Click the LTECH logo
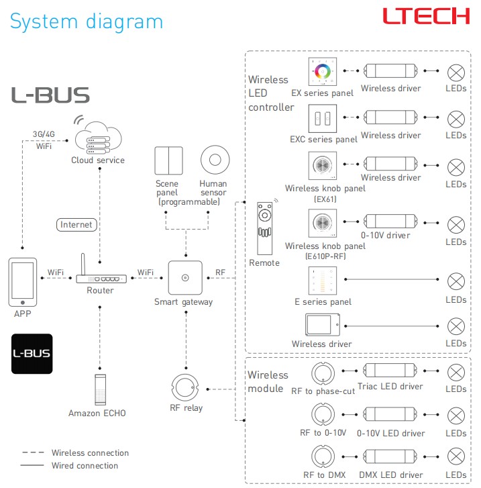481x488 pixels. click(426, 16)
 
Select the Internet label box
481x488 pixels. click(76, 224)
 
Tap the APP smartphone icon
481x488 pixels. click(22, 282)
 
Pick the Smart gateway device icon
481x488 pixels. click(185, 278)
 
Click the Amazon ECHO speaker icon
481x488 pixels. click(100, 389)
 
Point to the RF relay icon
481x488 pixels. click(185, 387)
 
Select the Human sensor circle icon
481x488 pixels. click(215, 160)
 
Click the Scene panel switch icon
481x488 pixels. click(168, 160)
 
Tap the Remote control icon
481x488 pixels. click(265, 228)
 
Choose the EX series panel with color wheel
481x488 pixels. click(322, 72)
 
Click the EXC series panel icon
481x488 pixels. click(322, 119)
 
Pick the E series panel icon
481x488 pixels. click(322, 281)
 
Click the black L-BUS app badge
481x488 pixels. click(32, 354)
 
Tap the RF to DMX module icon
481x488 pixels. click(323, 456)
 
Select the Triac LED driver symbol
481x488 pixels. click(390, 371)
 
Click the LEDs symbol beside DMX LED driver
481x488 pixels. click(456, 456)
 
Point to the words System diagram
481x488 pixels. click(87, 21)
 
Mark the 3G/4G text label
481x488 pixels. click(44, 134)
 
